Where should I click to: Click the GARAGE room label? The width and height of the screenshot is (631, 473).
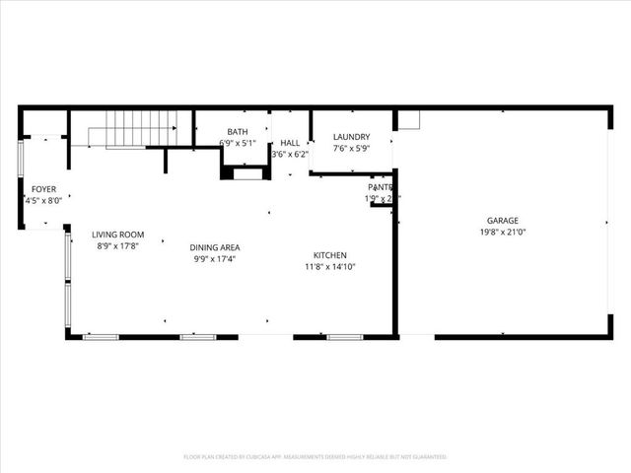(x=502, y=221)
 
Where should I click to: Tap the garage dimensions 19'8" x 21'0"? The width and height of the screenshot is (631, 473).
(x=502, y=234)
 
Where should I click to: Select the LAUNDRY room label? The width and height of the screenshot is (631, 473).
(x=351, y=137)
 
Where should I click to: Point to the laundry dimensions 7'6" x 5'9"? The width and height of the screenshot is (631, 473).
(x=351, y=149)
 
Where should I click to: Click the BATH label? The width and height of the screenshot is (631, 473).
(x=238, y=132)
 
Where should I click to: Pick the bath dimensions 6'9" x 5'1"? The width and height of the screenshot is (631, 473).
(x=238, y=144)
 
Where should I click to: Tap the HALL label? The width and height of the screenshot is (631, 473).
(x=290, y=143)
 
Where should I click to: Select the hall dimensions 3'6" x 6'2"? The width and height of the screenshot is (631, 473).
(x=290, y=155)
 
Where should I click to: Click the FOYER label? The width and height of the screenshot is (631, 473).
(x=43, y=188)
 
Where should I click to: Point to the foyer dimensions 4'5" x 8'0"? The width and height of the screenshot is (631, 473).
(x=43, y=200)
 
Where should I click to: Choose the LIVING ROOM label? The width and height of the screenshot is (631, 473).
(x=118, y=235)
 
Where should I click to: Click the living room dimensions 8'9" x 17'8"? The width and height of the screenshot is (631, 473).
(x=118, y=246)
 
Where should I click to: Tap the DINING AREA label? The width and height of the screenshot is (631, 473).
(x=216, y=247)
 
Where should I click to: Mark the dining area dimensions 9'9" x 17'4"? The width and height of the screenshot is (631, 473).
(x=216, y=259)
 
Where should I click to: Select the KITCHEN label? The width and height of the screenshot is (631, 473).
(x=329, y=254)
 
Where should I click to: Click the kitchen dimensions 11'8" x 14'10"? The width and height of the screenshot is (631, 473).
(x=329, y=266)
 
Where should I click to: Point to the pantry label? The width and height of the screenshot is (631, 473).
(x=381, y=187)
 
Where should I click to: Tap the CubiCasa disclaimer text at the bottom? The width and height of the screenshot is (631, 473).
(x=315, y=457)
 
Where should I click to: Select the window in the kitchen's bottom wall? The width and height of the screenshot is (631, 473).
(x=344, y=337)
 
